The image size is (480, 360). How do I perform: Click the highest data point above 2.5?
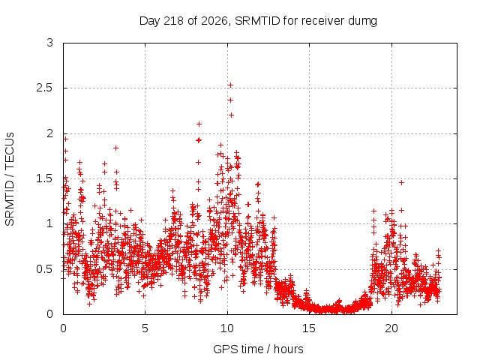[230, 85]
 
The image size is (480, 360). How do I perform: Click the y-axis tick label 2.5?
[45, 88]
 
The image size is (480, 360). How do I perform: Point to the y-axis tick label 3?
[50, 43]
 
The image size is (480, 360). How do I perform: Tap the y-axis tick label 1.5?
[45, 178]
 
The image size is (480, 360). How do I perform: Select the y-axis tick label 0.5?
[45, 269]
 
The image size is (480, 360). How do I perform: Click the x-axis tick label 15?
[309, 328]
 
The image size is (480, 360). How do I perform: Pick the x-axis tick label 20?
[391, 328]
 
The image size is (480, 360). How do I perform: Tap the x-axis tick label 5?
[145, 328]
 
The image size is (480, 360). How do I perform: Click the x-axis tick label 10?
[227, 328]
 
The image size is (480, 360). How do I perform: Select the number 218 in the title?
[173, 21]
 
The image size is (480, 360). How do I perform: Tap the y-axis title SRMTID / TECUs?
[10, 179]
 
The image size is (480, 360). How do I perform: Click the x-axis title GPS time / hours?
[258, 349]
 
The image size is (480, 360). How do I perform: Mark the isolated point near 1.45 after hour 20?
[402, 182]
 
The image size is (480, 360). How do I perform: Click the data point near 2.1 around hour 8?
[199, 124]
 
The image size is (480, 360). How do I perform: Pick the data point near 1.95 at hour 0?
[65, 139]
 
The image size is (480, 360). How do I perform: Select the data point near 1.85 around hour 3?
[115, 148]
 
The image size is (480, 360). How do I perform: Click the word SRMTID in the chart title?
[257, 21]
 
